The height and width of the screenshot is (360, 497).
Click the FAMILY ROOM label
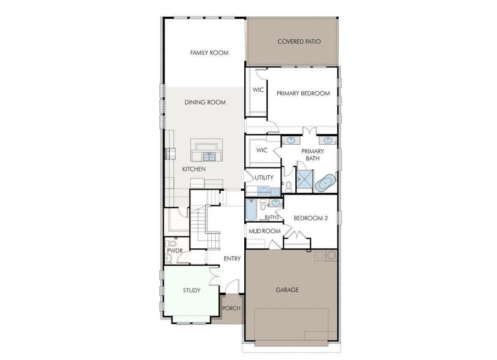click(x=209, y=53)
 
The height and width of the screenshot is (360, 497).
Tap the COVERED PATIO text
click(x=298, y=42)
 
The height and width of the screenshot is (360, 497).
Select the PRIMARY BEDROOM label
click(x=303, y=94)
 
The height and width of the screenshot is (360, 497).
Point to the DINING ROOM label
click(x=205, y=103)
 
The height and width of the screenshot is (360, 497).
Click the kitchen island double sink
click(x=209, y=157)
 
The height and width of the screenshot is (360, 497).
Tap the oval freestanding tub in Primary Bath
click(x=327, y=181)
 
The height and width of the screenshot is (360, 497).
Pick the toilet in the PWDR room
click(x=170, y=259)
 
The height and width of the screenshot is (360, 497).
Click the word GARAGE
click(x=287, y=290)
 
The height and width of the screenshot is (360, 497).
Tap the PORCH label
click(x=231, y=309)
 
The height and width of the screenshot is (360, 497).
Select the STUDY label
click(x=191, y=290)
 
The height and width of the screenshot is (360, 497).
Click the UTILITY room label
click(x=264, y=178)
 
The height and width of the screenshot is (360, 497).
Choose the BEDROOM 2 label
click(x=310, y=219)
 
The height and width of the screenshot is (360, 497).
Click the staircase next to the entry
click(x=204, y=225)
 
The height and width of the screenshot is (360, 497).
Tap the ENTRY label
click(x=232, y=259)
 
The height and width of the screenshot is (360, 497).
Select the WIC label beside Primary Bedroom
click(x=258, y=90)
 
